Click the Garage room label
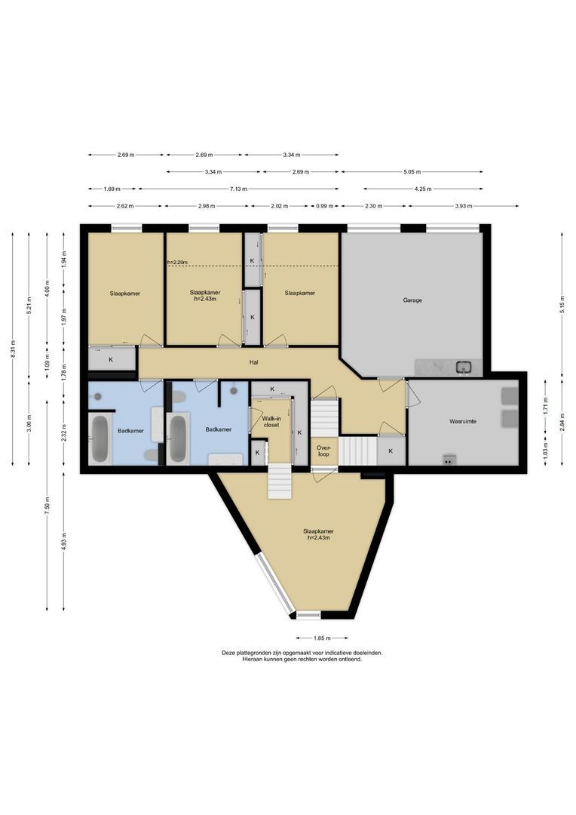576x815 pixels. pyautogui.click(x=412, y=300)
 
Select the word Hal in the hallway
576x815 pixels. pyautogui.click(x=255, y=362)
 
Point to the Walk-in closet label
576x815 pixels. pyautogui.click(x=271, y=420)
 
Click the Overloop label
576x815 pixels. pyautogui.click(x=324, y=451)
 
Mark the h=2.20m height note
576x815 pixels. pyautogui.click(x=177, y=263)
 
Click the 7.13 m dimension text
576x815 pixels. pyautogui.click(x=237, y=189)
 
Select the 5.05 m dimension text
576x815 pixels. pyautogui.click(x=412, y=171)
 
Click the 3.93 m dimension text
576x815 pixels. pyautogui.click(x=464, y=205)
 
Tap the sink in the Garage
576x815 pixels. pyautogui.click(x=464, y=368)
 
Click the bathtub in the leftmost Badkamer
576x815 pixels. pyautogui.click(x=100, y=440)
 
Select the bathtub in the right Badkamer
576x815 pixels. pyautogui.click(x=178, y=439)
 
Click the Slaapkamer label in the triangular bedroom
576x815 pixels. pyautogui.click(x=320, y=531)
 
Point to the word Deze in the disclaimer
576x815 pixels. pyautogui.click(x=228, y=653)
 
